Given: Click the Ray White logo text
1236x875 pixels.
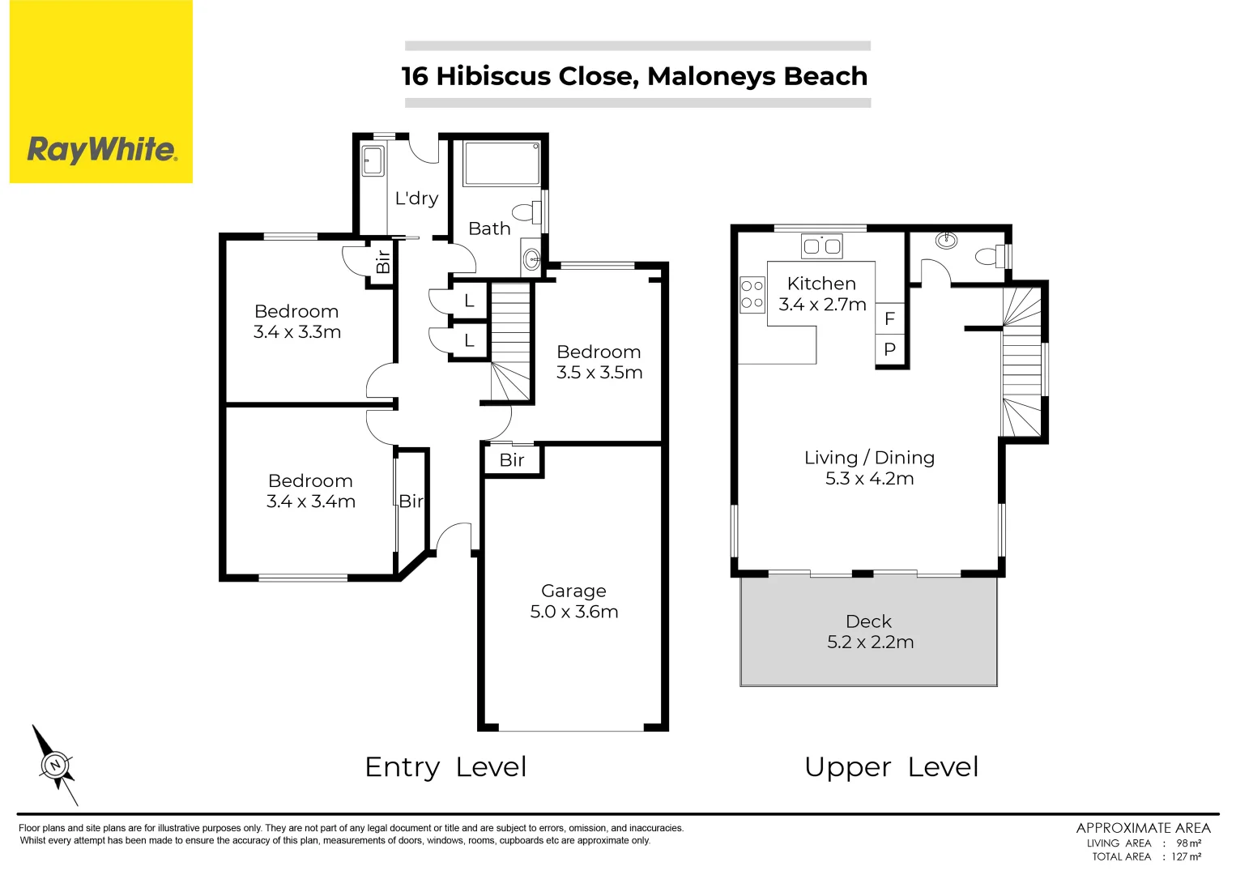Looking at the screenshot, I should [101, 150].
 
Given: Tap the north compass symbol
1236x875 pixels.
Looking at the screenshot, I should [55, 765].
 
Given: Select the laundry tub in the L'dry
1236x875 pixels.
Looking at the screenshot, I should [373, 160].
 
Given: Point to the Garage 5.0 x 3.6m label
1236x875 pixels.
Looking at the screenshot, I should [573, 602].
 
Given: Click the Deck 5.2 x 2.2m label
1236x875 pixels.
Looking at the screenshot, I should [869, 632].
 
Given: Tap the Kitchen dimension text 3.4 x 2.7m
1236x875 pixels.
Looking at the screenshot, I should [822, 305].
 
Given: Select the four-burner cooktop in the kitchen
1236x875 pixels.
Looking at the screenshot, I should [752, 294].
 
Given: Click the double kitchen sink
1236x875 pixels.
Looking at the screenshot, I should [821, 245].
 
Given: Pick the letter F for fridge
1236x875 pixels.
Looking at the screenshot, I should [889, 319].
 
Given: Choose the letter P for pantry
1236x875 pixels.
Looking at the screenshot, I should [889, 350].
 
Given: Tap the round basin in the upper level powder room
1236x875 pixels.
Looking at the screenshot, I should [945, 240].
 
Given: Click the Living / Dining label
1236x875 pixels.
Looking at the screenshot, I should [869, 458].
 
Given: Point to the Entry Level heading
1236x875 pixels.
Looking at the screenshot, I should [445, 766].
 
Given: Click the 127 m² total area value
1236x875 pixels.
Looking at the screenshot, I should [1186, 856].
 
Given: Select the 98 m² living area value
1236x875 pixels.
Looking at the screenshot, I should [1188, 843].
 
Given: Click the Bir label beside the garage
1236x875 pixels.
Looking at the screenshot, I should [512, 460].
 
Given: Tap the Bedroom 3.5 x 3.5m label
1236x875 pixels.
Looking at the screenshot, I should [599, 362].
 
